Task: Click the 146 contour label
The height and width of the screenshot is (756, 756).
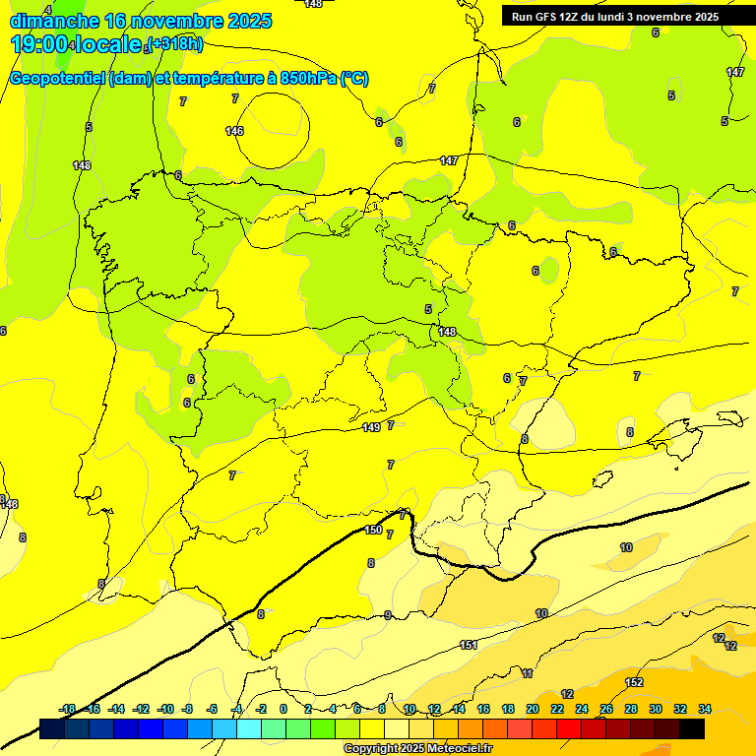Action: pos(234,131)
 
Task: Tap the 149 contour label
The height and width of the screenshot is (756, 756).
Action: pos(371,427)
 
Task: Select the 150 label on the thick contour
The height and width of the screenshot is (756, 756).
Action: pos(373,530)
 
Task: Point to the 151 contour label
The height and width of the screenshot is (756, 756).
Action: pos(469,645)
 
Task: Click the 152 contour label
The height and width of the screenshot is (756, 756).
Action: pos(634,682)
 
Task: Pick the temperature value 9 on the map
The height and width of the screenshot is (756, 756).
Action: pos(388,615)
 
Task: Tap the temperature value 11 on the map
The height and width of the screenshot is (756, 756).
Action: pos(528,673)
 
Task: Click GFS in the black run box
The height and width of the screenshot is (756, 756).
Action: pos(547,17)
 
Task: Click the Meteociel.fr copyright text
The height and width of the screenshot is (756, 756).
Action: pos(418,749)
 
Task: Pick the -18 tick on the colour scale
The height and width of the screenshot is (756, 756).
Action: pos(68,709)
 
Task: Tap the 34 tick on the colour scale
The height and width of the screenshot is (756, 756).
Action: pos(705,709)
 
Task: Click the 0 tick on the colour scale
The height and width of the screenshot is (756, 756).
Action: pos(283,709)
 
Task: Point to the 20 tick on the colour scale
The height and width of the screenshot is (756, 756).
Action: pos(533,709)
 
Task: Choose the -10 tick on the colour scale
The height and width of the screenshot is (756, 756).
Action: pos(165,709)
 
